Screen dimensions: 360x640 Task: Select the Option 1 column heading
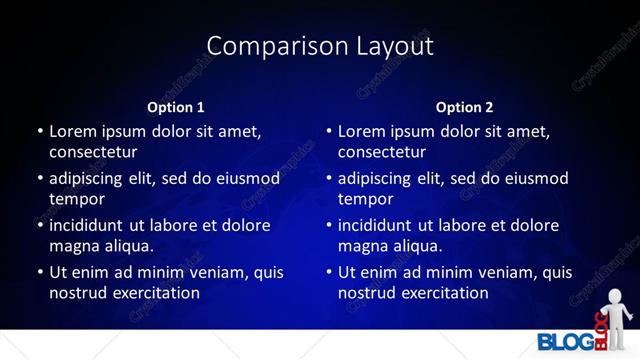click(x=176, y=107)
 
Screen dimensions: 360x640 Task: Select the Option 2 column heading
click(x=465, y=107)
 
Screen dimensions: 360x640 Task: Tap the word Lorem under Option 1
click(x=73, y=131)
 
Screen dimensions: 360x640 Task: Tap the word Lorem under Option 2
click(x=362, y=131)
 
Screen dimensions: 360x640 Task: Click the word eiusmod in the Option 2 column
click(x=532, y=179)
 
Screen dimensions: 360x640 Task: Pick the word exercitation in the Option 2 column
click(x=442, y=293)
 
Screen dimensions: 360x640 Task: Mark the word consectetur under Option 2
click(x=382, y=152)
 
